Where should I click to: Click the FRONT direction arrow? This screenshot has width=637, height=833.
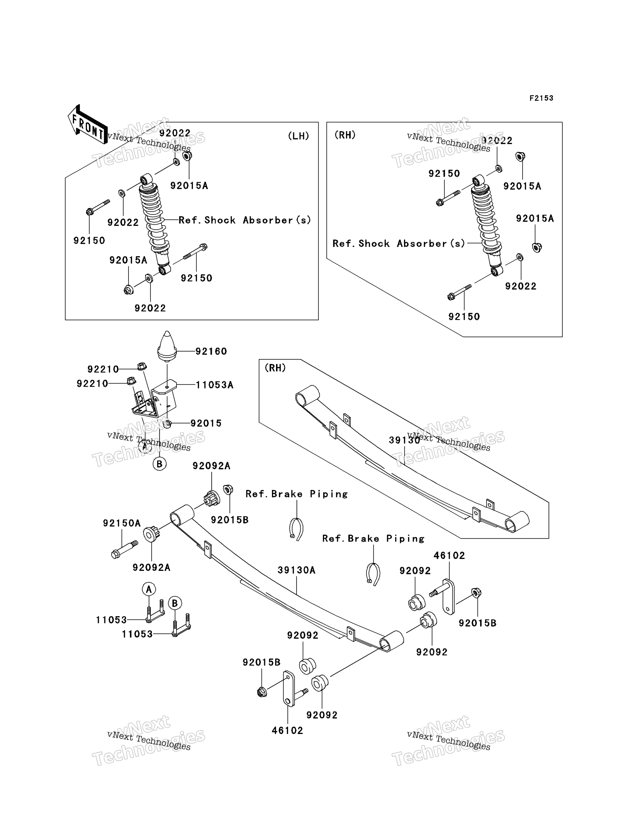pyautogui.click(x=87, y=124)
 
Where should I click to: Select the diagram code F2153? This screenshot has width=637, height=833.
pyautogui.click(x=541, y=98)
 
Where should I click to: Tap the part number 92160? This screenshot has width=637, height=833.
pyautogui.click(x=211, y=352)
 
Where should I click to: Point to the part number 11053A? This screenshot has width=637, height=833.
pyautogui.click(x=214, y=385)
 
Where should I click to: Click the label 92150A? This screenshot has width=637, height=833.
pyautogui.click(x=122, y=523)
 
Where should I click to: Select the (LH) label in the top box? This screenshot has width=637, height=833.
pyautogui.click(x=298, y=136)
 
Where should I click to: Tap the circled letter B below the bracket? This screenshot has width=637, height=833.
pyautogui.click(x=160, y=464)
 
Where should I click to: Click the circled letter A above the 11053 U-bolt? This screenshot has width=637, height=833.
pyautogui.click(x=149, y=589)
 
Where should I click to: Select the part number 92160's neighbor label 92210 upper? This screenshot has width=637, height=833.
pyautogui.click(x=103, y=369)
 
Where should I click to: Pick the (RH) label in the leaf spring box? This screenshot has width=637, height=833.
pyautogui.click(x=275, y=368)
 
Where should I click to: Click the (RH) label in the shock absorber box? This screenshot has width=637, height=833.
pyautogui.click(x=345, y=135)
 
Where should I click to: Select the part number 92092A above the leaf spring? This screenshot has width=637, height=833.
pyautogui.click(x=212, y=466)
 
